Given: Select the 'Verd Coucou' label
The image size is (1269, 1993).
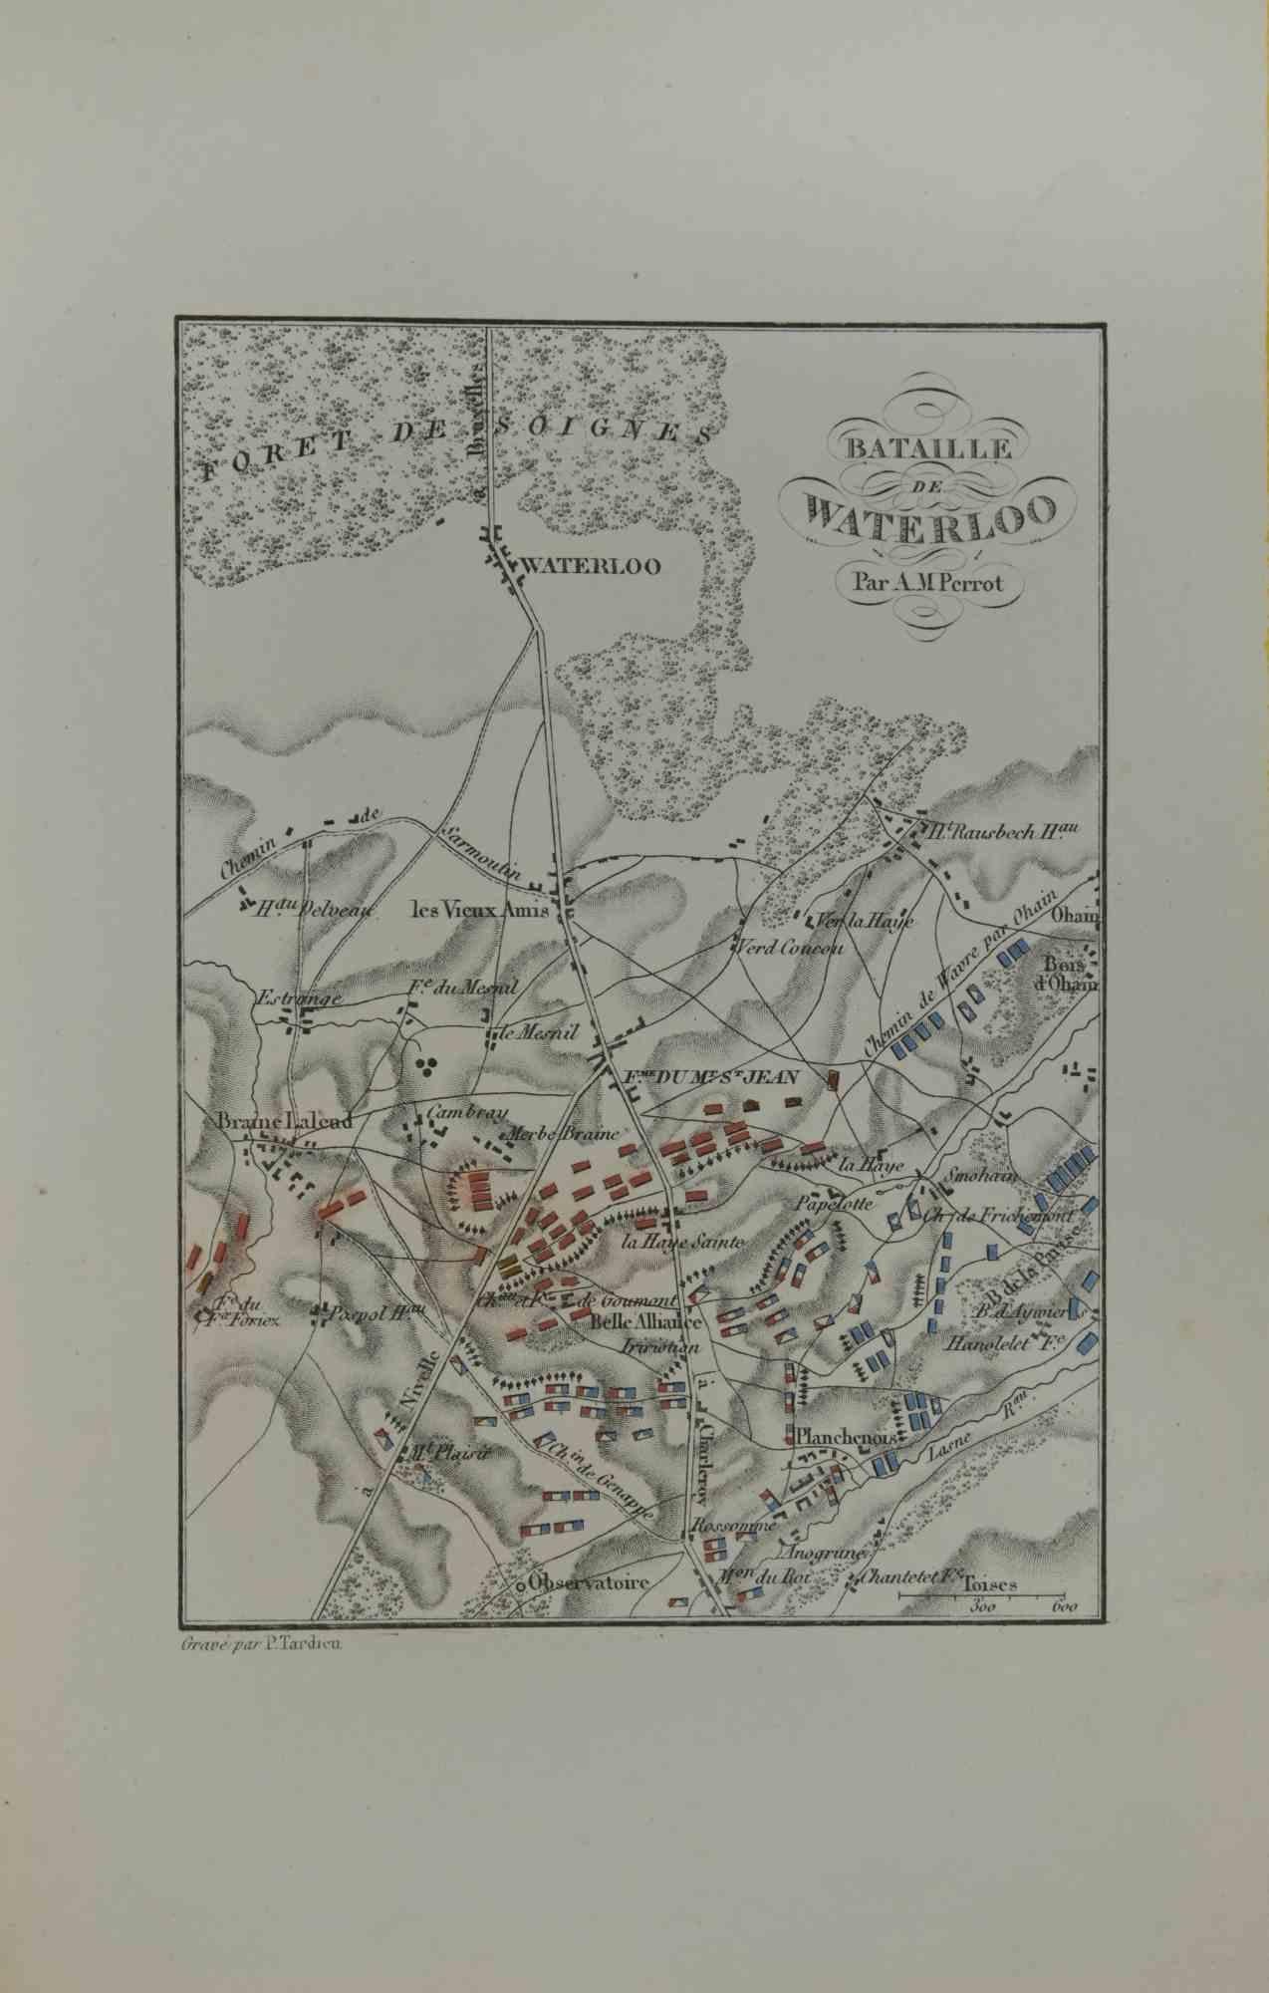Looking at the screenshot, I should coord(791,947).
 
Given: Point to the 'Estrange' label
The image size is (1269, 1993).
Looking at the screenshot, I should coord(286,997).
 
